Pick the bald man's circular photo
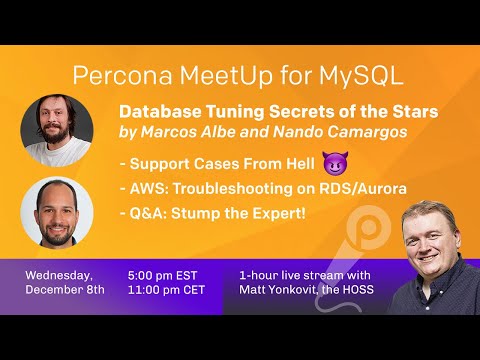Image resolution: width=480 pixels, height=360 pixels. tap(57, 211)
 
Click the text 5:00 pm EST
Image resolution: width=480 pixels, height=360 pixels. tap(169, 273)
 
